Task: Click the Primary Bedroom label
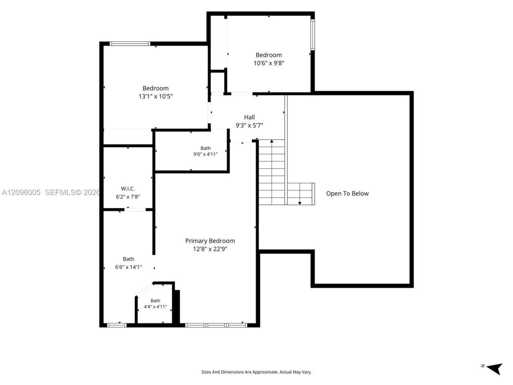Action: (210, 241)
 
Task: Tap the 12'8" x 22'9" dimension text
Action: (210, 249)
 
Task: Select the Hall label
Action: (249, 117)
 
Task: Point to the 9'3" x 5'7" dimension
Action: (249, 125)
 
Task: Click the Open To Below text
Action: (347, 193)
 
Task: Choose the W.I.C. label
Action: (128, 188)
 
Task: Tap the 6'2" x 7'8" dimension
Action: (128, 197)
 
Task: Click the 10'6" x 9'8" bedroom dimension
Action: (269, 63)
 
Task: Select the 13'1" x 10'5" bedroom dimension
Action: (156, 96)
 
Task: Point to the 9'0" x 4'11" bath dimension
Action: (206, 154)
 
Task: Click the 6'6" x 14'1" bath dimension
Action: (129, 267)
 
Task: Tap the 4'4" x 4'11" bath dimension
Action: (156, 307)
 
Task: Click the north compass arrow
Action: (495, 369)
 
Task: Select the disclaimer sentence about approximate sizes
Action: (256, 372)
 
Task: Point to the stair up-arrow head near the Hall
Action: (272, 141)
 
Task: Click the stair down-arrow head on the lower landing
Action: (300, 203)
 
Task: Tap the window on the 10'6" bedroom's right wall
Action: (313, 34)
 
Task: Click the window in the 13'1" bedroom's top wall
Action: (130, 44)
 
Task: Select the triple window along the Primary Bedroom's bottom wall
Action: (216, 325)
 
